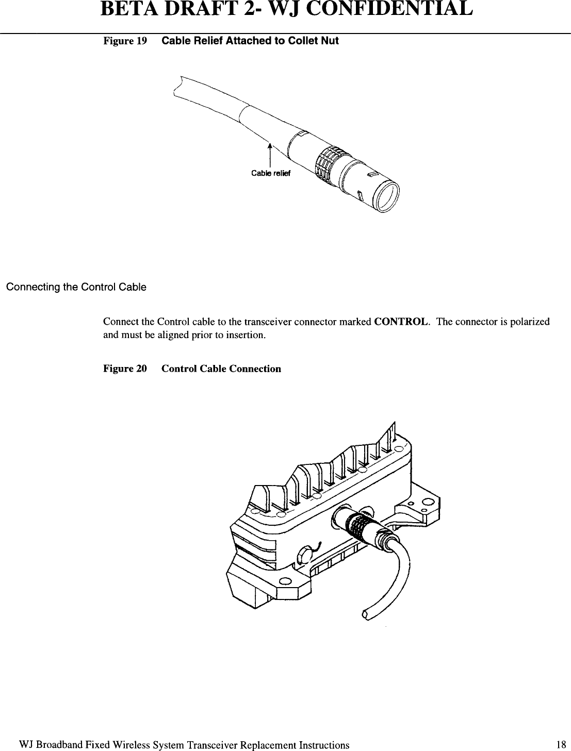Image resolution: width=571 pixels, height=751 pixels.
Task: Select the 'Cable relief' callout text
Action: (x=271, y=173)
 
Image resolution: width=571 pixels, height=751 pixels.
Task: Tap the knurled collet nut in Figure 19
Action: (x=328, y=160)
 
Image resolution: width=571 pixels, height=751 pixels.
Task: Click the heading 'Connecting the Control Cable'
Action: (x=76, y=287)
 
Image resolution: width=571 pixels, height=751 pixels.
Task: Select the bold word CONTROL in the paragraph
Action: (x=402, y=322)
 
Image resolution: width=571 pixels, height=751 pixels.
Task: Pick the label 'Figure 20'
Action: (x=125, y=369)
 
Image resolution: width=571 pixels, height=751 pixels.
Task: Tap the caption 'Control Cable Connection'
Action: (x=221, y=369)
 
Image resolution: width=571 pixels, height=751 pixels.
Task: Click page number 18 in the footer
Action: (x=561, y=744)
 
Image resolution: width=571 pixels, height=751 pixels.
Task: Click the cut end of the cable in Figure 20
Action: (x=366, y=614)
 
